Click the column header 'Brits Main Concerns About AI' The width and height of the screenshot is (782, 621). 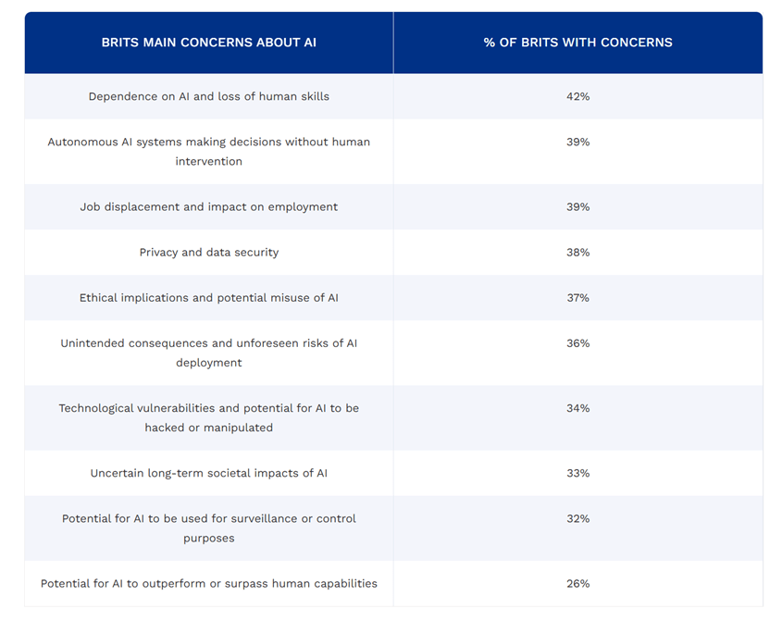pos(208,43)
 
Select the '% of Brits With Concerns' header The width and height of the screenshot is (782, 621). pos(577,43)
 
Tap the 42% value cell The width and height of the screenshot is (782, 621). pos(577,96)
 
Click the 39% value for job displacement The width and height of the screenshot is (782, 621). pos(577,206)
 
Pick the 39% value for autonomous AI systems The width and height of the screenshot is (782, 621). pos(577,142)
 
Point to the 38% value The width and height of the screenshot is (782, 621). pos(577,252)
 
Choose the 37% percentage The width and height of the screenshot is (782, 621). pos(577,297)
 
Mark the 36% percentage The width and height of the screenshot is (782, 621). pos(577,342)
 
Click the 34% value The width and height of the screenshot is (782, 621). pos(577,408)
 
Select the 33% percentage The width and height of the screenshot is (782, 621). pos(577,473)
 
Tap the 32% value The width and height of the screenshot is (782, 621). pos(577,518)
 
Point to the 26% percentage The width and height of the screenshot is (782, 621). pos(577,583)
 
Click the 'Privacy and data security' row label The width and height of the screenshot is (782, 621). pos(208,252)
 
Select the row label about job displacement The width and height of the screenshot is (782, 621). pos(208,206)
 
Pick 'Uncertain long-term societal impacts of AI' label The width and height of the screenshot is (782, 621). pos(208,473)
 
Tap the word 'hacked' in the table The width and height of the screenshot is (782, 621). pos(165,428)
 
